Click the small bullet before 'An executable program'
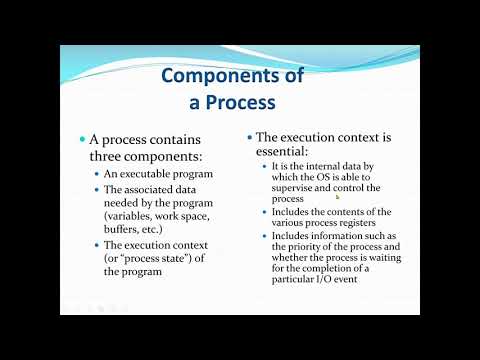pyautogui.click(x=95, y=174)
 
